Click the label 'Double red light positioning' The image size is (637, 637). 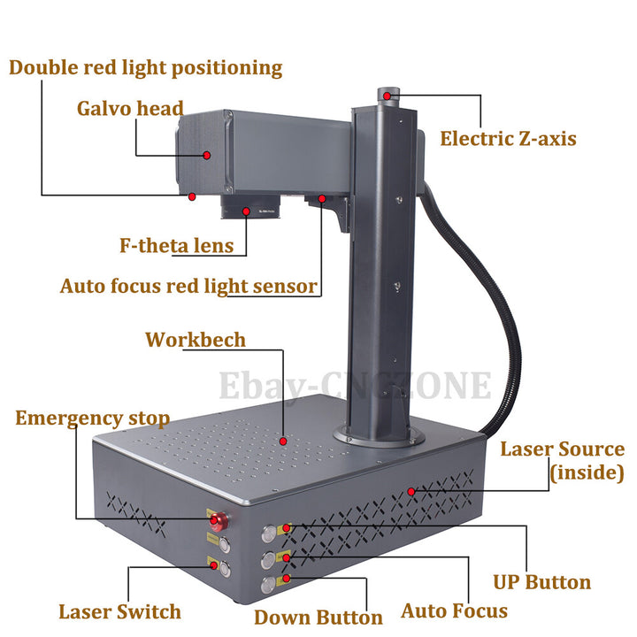pos(146,68)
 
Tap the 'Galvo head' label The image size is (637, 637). pos(130,109)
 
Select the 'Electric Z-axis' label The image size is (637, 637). pos(508,138)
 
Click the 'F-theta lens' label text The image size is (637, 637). pos(177,245)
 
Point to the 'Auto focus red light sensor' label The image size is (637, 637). pos(188,286)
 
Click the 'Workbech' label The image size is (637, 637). pos(196,340)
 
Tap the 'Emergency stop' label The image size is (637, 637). pos(92,418)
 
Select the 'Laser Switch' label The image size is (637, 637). pos(119,611)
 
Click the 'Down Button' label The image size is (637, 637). pos(318,617)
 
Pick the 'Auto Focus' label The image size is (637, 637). pos(454,610)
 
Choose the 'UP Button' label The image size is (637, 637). pos(541,582)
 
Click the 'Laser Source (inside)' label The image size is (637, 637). pos(563,460)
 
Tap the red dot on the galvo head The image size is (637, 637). pos(207,154)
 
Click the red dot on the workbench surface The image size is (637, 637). pos(283,440)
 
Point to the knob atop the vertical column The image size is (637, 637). pos(387,94)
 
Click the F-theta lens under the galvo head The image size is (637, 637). pos(250,209)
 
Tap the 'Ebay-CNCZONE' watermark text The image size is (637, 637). pos(354,386)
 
